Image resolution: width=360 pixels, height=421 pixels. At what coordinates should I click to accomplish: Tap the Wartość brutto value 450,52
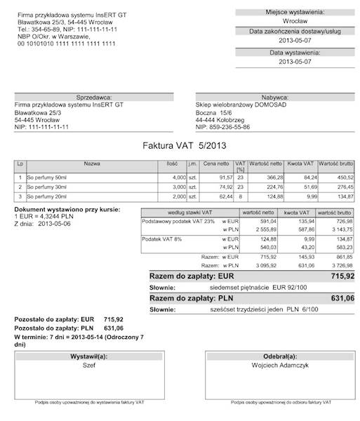pos(342,178)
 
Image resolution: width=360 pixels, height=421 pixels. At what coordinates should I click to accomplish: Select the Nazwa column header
pos(92,163)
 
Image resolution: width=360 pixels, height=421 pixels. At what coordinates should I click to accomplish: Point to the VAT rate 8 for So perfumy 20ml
pos(240,198)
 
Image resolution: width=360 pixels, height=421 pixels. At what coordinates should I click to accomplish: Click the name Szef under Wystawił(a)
pos(89,365)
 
